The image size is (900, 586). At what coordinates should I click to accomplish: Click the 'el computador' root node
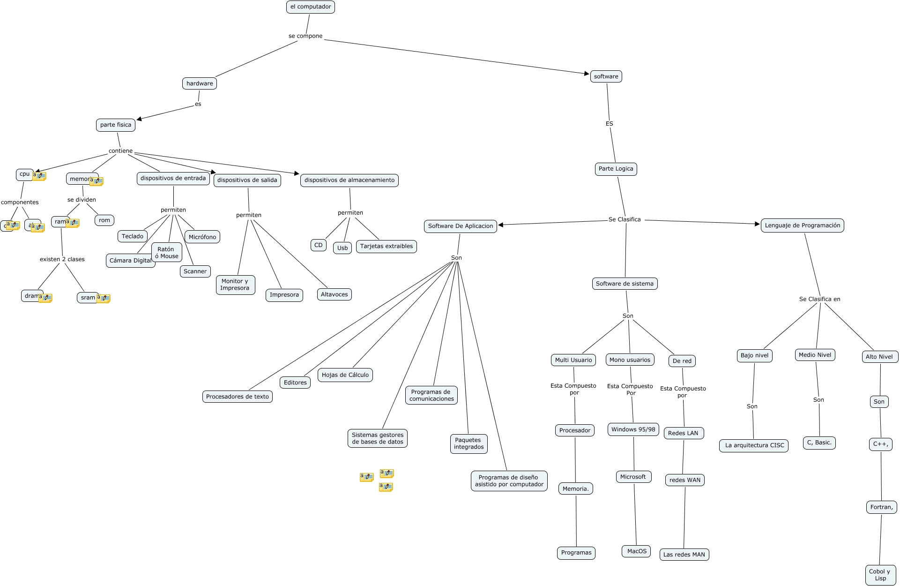[310, 7]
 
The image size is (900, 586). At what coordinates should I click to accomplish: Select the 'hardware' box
[200, 83]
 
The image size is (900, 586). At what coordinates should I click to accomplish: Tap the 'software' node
[606, 76]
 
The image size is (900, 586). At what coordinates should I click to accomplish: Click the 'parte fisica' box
[116, 125]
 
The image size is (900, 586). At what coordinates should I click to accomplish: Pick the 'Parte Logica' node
[616, 169]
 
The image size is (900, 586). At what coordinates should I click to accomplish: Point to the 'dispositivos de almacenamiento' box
[349, 180]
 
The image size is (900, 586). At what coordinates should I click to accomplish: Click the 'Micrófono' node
[202, 237]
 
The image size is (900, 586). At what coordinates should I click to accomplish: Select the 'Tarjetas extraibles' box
[386, 246]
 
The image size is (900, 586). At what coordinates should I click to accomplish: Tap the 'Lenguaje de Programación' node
[802, 225]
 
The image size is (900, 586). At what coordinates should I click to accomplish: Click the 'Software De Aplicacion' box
[460, 226]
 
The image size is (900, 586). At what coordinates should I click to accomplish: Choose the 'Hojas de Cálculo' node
[345, 375]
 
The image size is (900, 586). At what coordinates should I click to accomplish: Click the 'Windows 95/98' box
[633, 429]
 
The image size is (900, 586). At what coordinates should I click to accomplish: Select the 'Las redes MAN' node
[684, 555]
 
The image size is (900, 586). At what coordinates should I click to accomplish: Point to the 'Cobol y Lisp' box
[879, 575]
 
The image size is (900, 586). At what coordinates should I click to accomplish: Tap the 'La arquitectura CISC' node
[754, 445]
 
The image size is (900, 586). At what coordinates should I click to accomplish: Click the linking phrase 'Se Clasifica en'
[819, 299]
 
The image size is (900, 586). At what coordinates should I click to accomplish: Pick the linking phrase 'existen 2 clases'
[62, 259]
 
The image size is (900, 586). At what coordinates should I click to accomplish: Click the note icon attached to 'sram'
[104, 298]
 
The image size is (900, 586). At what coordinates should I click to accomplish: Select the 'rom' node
[104, 220]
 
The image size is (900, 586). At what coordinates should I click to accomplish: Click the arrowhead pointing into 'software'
[587, 74]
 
